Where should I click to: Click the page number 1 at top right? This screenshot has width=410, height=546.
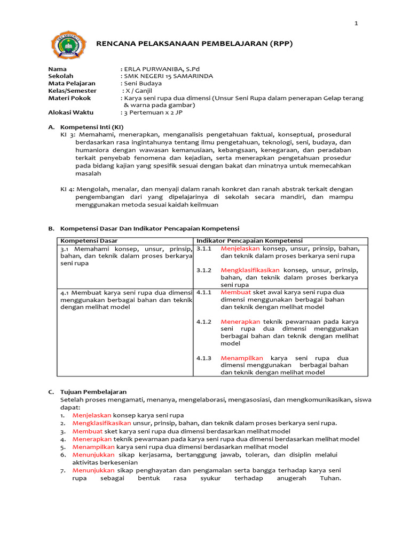356,23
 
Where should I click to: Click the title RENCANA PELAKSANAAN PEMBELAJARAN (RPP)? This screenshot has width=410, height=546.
194,44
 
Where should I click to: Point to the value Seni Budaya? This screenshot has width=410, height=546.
143,83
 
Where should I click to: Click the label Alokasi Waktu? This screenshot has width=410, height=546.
70,113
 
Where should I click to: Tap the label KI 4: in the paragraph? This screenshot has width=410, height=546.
67,189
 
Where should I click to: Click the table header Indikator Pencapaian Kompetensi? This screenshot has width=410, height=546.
249,241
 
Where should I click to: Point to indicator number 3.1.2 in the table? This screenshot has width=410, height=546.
204,270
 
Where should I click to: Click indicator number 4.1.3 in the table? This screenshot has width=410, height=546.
204,358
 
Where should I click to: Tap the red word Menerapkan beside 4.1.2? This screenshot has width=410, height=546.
240,322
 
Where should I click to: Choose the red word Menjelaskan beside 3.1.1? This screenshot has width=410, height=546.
240,248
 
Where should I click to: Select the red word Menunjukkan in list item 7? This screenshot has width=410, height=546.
93,470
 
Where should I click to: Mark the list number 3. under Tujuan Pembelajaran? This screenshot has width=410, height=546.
62,431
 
